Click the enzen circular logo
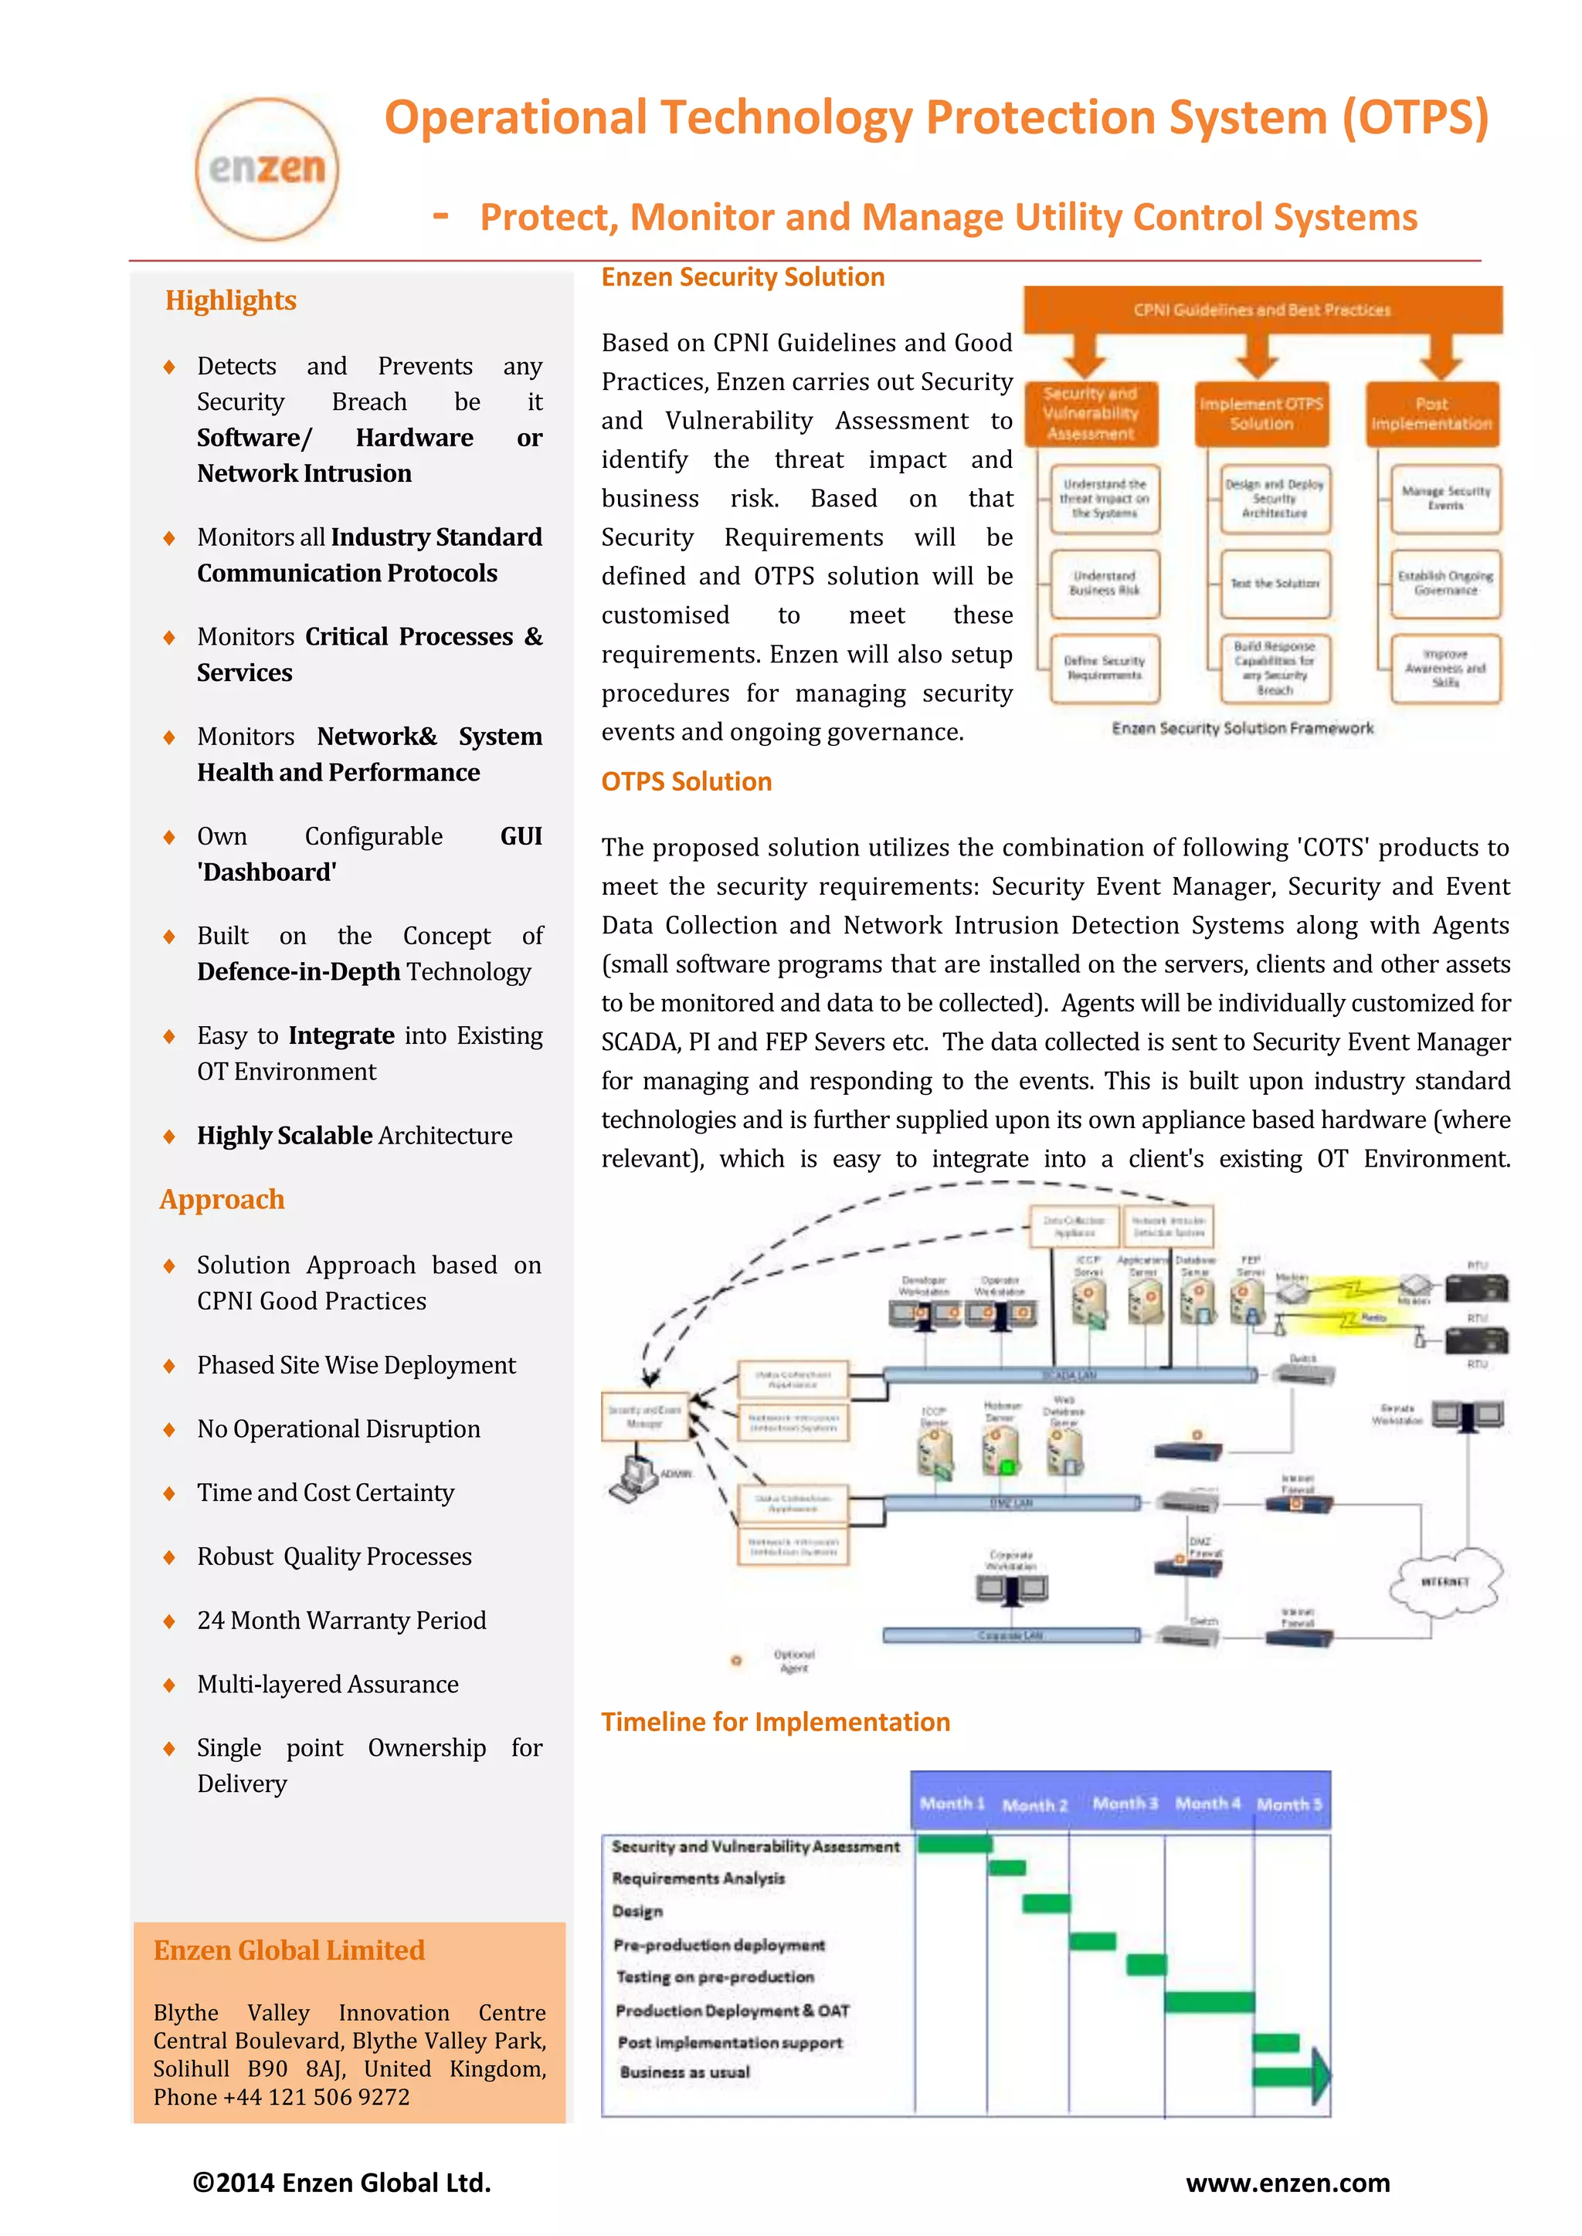click(267, 168)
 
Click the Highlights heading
click(231, 300)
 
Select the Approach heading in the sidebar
click(222, 1199)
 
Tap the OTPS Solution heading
click(686, 781)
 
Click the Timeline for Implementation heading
click(776, 1722)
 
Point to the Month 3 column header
click(1125, 1804)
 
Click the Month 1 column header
click(952, 1804)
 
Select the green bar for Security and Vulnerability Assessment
click(955, 1844)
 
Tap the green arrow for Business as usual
click(1291, 2075)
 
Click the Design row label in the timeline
click(637, 1911)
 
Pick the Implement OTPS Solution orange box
click(1261, 414)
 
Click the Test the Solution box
click(1274, 584)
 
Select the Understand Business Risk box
click(1104, 584)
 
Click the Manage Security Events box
click(1445, 499)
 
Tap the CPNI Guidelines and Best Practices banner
click(1261, 310)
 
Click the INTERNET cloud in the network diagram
click(1445, 1581)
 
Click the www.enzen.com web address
click(1288, 2183)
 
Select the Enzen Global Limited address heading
click(290, 1950)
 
